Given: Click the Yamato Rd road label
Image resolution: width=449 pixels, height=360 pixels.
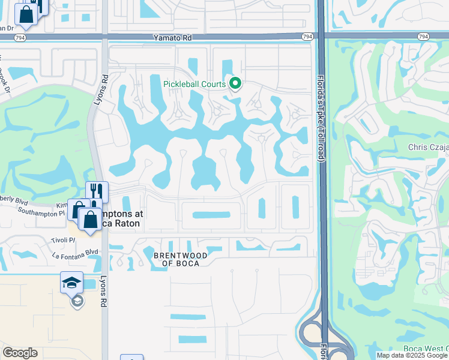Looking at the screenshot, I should pyautogui.click(x=172, y=37).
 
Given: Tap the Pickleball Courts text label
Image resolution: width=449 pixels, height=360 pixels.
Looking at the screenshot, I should pyautogui.click(x=194, y=84).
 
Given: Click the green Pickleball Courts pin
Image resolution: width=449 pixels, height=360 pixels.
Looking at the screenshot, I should pyautogui.click(x=235, y=83).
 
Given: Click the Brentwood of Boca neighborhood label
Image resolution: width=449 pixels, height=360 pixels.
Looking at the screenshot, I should pyautogui.click(x=181, y=259).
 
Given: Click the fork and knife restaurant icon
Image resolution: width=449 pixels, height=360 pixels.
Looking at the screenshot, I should pyautogui.click(x=97, y=191).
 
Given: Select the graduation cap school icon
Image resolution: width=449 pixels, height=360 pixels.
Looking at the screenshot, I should pyautogui.click(x=71, y=281).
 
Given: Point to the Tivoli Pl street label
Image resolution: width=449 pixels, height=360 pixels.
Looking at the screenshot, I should pyautogui.click(x=63, y=240).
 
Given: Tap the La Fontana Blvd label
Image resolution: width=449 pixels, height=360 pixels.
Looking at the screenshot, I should pyautogui.click(x=76, y=253).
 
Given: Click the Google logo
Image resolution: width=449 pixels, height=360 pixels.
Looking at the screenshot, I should pyautogui.click(x=20, y=353).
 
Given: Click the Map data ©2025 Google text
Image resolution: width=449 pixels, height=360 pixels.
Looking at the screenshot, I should pyautogui.click(x=411, y=355).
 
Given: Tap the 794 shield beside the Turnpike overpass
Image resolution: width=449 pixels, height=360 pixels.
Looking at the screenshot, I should pyautogui.click(x=307, y=37).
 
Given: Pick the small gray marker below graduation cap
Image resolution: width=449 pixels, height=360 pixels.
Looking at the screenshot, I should pyautogui.click(x=77, y=301).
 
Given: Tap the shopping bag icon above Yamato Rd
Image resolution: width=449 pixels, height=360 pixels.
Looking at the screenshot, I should pyautogui.click(x=26, y=15).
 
